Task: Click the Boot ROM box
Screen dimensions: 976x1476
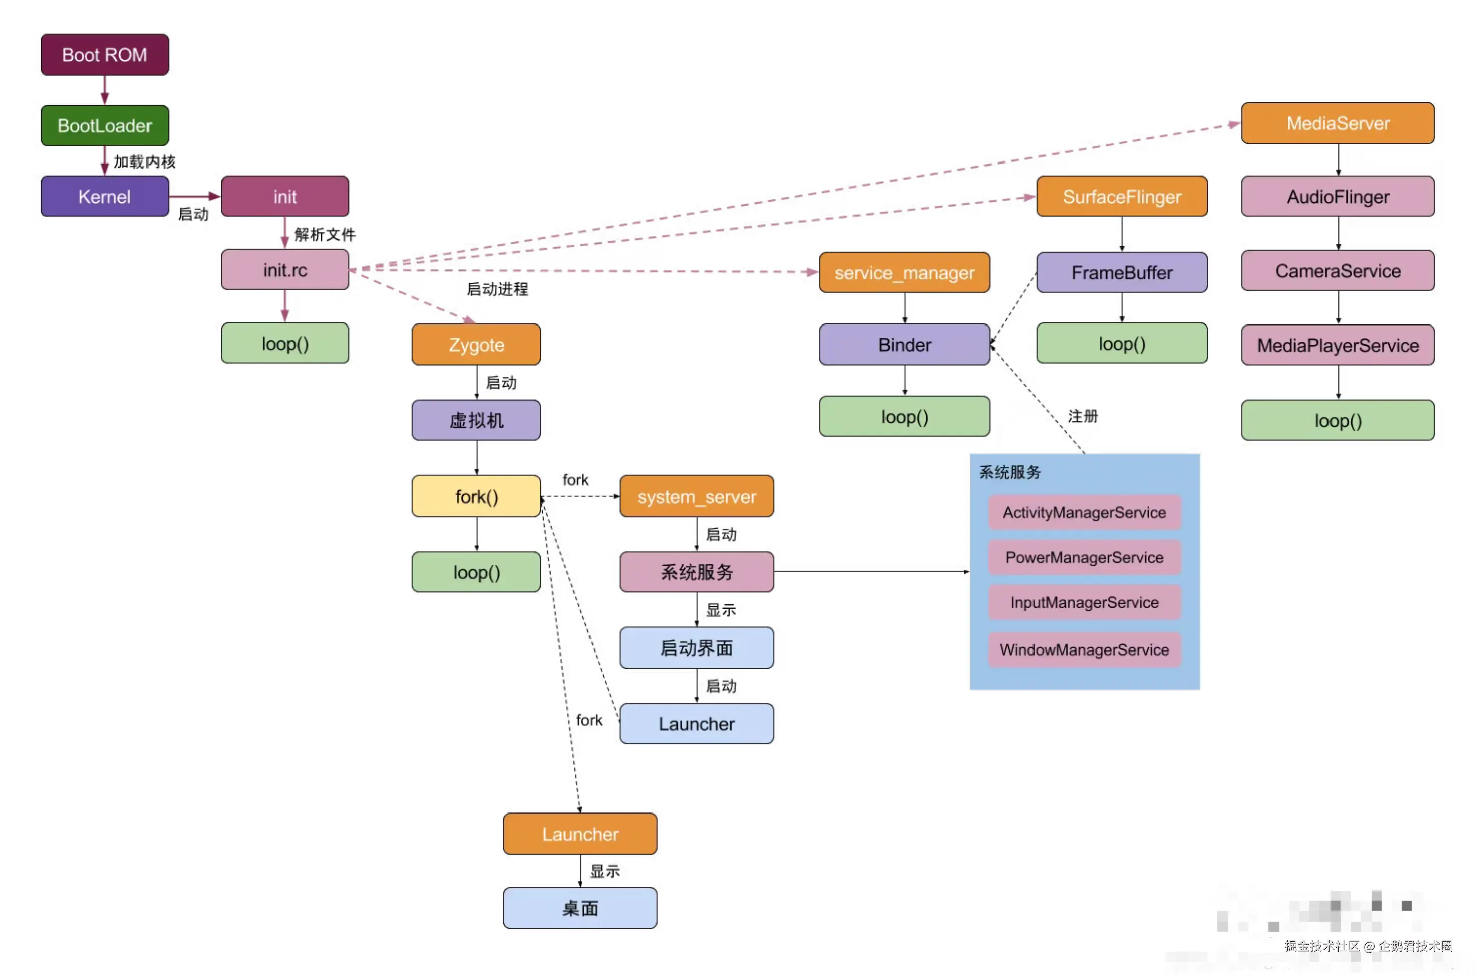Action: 104,55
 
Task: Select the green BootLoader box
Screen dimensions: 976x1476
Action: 104,126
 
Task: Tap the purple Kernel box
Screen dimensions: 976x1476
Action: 104,197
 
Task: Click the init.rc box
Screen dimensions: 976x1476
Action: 284,270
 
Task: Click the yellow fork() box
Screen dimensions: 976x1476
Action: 476,496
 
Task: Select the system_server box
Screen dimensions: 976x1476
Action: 696,496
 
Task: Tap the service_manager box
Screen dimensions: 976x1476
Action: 904,273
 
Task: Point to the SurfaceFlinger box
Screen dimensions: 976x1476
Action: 1121,197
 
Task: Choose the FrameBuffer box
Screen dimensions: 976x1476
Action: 1121,273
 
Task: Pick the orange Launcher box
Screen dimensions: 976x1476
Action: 579,834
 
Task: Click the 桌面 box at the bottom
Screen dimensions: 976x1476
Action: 579,908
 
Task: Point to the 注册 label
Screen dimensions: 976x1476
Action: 1083,416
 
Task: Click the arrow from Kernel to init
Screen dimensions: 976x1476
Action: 194,196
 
